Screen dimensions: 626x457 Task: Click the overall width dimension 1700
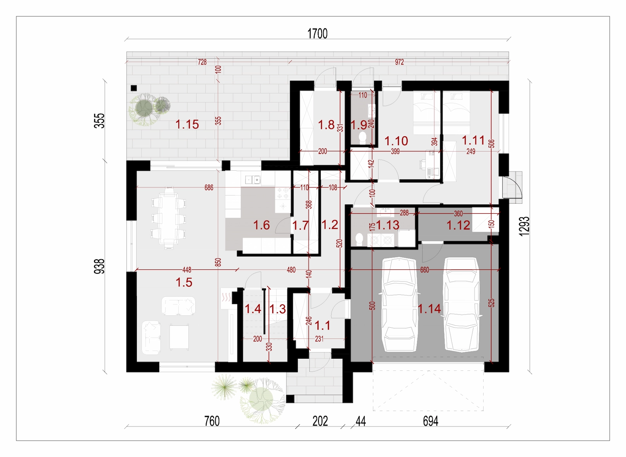tap(317, 34)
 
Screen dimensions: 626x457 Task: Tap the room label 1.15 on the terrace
tap(187, 124)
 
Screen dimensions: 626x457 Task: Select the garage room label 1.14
tap(429, 309)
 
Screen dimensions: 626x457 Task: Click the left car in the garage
tap(399, 304)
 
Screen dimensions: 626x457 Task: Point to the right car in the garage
tap(462, 305)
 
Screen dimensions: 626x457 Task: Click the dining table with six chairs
tap(169, 218)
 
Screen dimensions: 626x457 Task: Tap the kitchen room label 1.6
tap(261, 225)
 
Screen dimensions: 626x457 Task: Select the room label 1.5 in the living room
tap(184, 282)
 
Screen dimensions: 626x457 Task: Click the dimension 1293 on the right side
tap(524, 226)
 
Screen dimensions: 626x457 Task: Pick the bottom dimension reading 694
tap(430, 421)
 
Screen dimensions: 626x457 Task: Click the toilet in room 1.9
tap(362, 137)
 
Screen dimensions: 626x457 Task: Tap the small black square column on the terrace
tap(133, 88)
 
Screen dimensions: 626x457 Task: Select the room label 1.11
tap(473, 141)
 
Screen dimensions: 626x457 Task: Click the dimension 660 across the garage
tap(425, 270)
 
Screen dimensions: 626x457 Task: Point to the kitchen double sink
tap(253, 179)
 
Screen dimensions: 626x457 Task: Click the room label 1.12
tap(458, 226)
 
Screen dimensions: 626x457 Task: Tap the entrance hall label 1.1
tap(322, 325)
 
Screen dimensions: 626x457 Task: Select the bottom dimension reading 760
tap(212, 421)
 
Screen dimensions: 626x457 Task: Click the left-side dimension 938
tap(100, 266)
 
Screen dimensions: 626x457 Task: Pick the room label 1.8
tap(326, 125)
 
